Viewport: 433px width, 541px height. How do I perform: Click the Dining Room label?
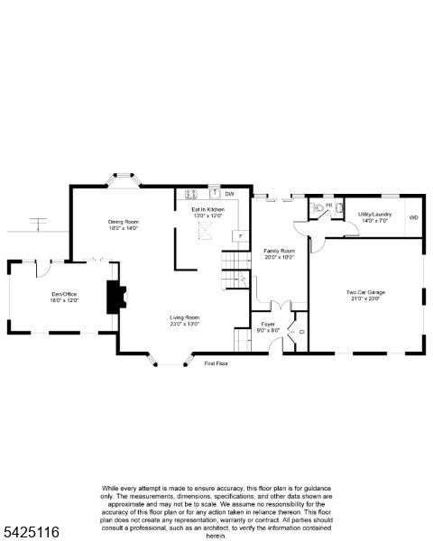pos(123,222)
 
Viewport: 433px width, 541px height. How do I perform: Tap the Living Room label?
pos(185,317)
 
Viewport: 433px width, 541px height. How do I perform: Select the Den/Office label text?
pos(65,295)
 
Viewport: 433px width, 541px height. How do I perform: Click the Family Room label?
pos(279,251)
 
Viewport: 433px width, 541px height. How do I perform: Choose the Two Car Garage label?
pos(365,292)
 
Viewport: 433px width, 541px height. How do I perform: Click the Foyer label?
pos(268,324)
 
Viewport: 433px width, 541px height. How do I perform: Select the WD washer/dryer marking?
pos(413,218)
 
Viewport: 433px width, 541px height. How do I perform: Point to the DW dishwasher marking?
pos(229,194)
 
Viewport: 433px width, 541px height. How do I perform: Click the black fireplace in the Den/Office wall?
pos(115,297)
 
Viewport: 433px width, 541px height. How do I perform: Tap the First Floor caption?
pos(216,363)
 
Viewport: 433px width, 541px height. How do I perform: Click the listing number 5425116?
pos(31,533)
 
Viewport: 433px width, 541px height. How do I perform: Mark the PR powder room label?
pos(329,206)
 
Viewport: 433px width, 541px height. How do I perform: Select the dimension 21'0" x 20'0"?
pos(365,298)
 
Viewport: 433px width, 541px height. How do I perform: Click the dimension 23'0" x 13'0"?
pos(185,324)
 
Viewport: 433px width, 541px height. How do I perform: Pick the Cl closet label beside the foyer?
pos(302,332)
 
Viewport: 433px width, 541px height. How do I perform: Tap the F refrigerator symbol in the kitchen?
pos(239,236)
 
